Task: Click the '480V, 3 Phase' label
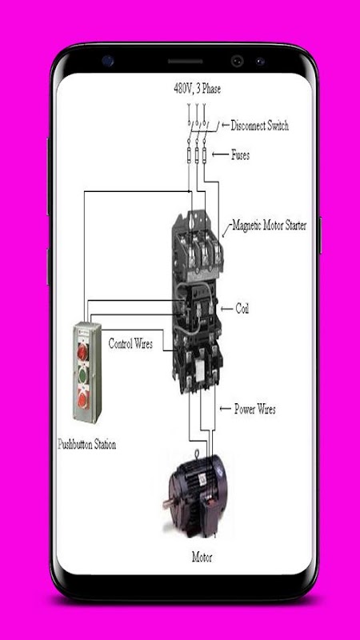[x=197, y=89]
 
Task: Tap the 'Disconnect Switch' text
[x=259, y=126]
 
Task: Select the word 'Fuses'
[x=241, y=155]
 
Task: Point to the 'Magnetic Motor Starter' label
[x=270, y=225]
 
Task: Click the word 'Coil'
[x=242, y=309]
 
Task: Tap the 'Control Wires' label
[x=130, y=344]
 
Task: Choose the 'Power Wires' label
[x=254, y=409]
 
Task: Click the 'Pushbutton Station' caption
[x=87, y=444]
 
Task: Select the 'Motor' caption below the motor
[x=202, y=557]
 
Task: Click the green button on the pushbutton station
[x=83, y=375]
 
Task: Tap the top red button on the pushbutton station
[x=83, y=351]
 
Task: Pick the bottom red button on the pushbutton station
[x=83, y=400]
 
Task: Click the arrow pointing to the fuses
[x=220, y=154]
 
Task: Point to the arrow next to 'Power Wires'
[x=226, y=409]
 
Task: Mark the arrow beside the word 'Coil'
[x=226, y=309]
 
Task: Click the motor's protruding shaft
[x=169, y=503]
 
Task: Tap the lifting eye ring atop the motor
[x=197, y=454]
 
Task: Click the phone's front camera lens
[x=237, y=62]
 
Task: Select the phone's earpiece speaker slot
[x=186, y=62]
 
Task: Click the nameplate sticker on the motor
[x=203, y=478]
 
